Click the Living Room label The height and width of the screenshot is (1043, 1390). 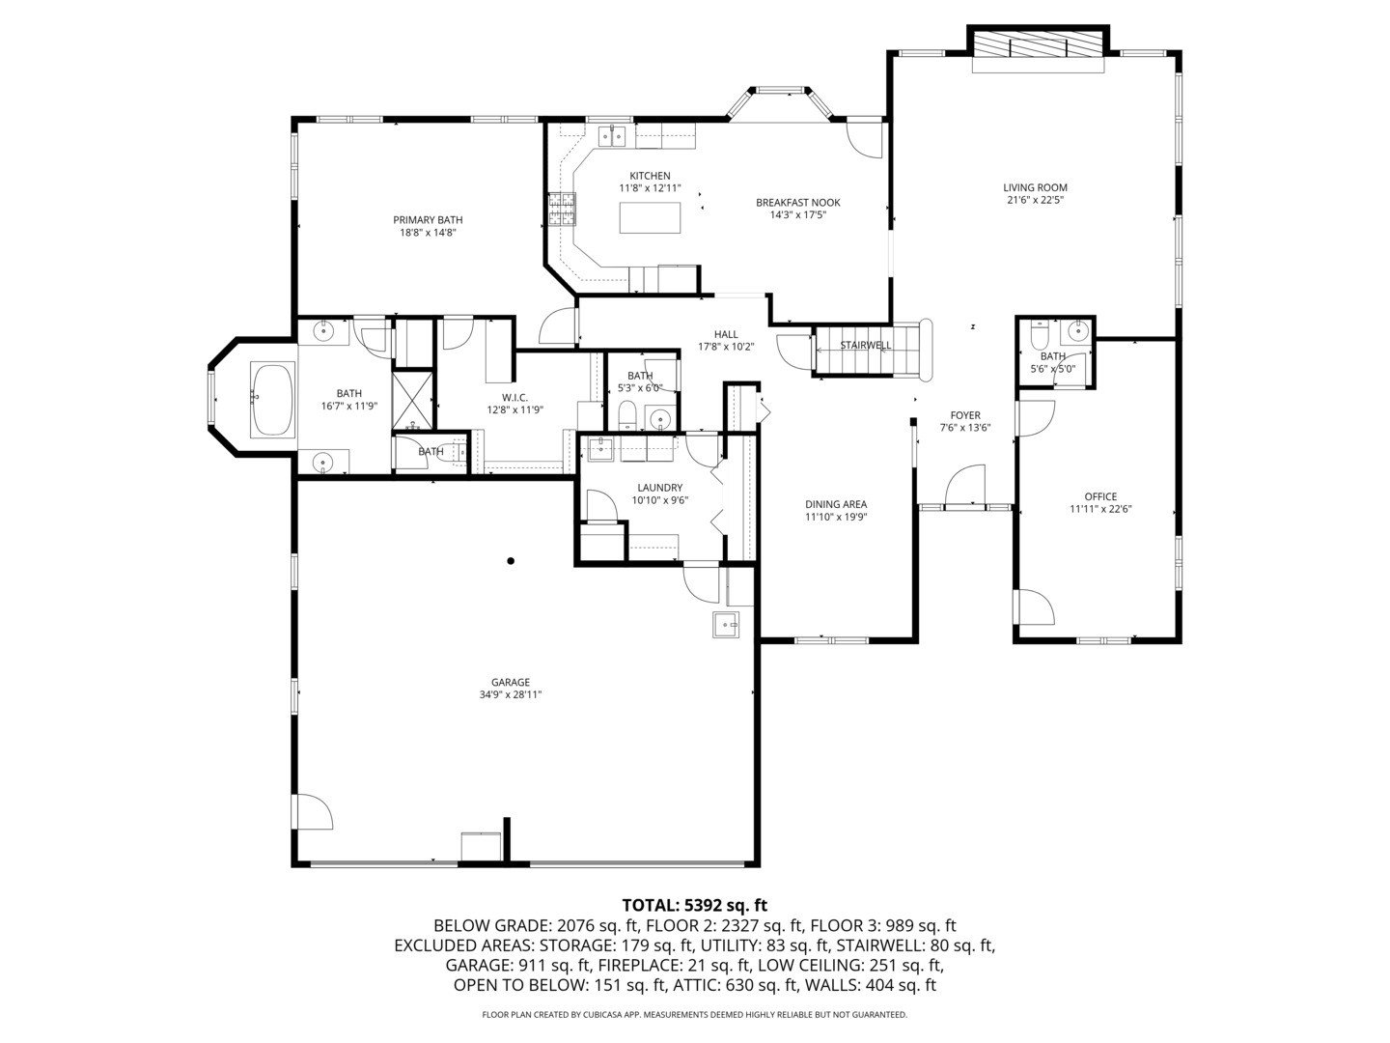click(x=1035, y=187)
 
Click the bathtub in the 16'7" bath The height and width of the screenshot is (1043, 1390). click(x=272, y=399)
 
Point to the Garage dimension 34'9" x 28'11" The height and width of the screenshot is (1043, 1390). click(x=511, y=694)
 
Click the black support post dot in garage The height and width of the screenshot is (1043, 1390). click(x=511, y=561)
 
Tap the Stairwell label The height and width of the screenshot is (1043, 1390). click(x=865, y=345)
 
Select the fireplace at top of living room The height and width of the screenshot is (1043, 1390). click(x=1037, y=45)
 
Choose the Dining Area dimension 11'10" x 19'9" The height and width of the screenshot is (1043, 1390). click(x=836, y=517)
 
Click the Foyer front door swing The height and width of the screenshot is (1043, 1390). click(x=965, y=486)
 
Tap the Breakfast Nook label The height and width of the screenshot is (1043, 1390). click(x=797, y=203)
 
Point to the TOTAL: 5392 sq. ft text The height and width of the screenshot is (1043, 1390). click(x=694, y=905)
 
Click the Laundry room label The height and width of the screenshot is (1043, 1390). click(x=659, y=488)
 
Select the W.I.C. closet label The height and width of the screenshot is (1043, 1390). click(x=514, y=397)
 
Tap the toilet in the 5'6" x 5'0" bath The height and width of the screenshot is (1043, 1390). click(x=1039, y=336)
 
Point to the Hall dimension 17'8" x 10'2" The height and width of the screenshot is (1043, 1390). click(x=726, y=347)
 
